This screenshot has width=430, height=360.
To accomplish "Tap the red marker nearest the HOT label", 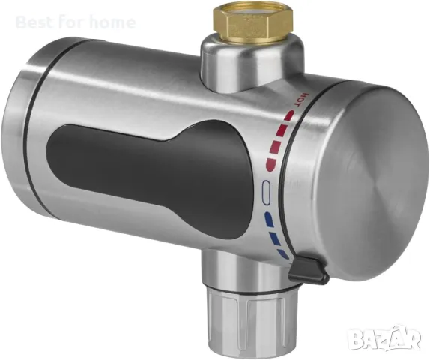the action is pyautogui.click(x=290, y=115).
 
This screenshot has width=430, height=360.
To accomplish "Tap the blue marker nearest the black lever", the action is pyautogui.click(x=283, y=253).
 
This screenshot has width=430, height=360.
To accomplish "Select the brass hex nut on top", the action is pyautogui.click(x=254, y=24).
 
